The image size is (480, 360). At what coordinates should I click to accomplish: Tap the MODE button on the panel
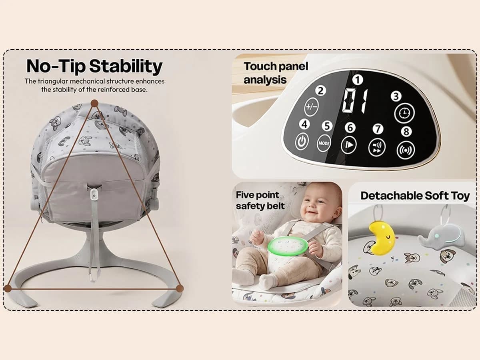point(324,143)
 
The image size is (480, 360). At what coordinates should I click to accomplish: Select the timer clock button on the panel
point(404,113)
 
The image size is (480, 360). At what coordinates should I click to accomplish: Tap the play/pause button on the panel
point(348,145)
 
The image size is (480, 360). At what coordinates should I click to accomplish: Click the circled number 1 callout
point(357,80)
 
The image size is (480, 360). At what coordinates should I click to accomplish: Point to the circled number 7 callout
point(377,129)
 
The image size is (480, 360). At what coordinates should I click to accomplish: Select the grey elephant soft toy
point(442,237)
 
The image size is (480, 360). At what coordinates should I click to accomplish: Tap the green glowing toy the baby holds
point(288,246)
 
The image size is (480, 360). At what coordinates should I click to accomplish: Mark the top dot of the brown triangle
point(94,103)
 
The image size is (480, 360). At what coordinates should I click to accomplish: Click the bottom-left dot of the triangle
point(8,288)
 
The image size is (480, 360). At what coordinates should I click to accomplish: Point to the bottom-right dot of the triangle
point(180,288)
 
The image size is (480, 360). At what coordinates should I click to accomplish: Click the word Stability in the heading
point(126,66)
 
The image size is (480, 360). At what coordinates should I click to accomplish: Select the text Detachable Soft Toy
point(415,196)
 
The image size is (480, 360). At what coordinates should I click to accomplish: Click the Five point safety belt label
point(260,200)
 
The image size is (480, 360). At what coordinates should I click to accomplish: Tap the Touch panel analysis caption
point(276,73)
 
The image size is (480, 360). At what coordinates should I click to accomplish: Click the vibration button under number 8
point(405,150)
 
